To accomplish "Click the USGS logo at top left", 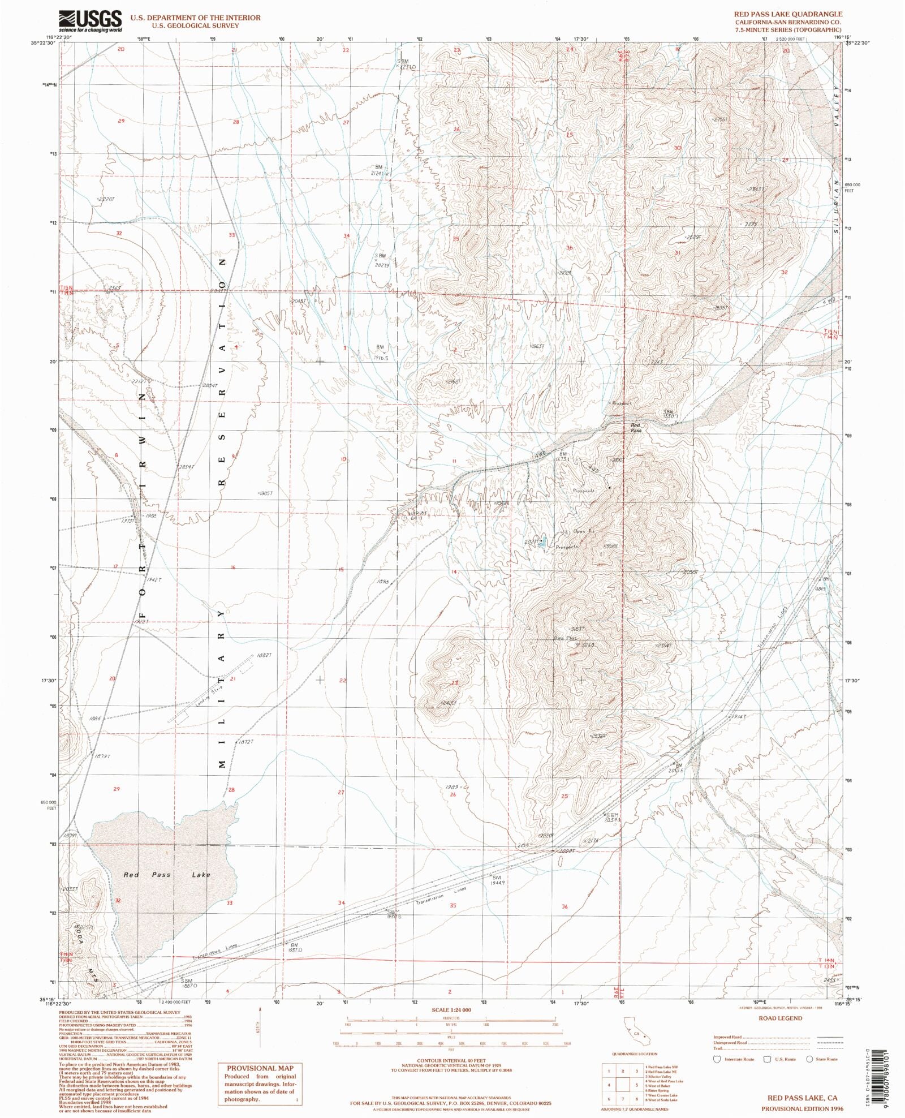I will click(x=90, y=21).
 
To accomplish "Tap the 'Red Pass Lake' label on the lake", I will click(x=167, y=875).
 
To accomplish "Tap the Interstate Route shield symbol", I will click(x=717, y=1059).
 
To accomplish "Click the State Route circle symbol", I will click(x=809, y=1059).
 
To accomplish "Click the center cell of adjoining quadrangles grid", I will click(x=623, y=1085).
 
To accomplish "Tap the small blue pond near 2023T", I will click(x=542, y=540).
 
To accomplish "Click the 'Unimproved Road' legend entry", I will click(x=731, y=1042).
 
